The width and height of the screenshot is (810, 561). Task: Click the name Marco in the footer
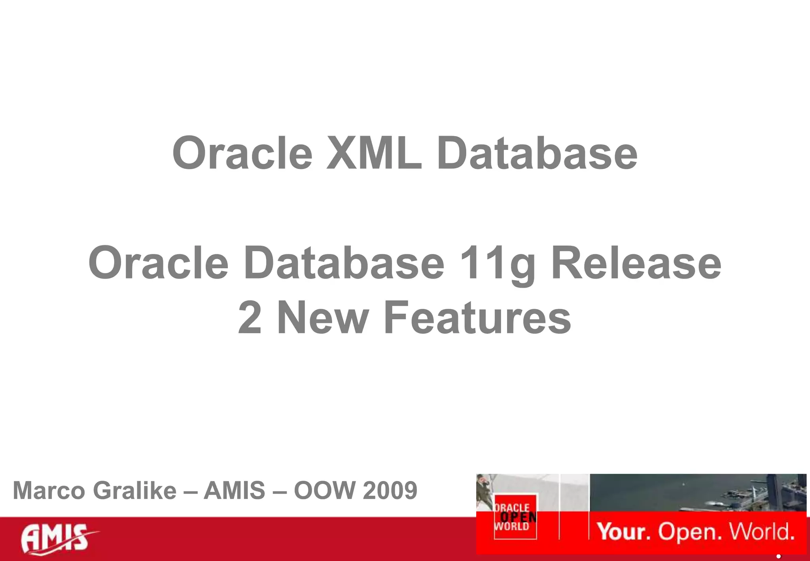tap(49, 491)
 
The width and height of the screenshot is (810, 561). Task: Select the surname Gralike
tap(134, 491)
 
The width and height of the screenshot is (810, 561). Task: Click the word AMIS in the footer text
tap(234, 491)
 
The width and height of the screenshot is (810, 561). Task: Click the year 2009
tap(390, 491)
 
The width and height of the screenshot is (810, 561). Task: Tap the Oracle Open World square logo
tap(515, 517)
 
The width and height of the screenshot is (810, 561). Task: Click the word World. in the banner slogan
tap(761, 531)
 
